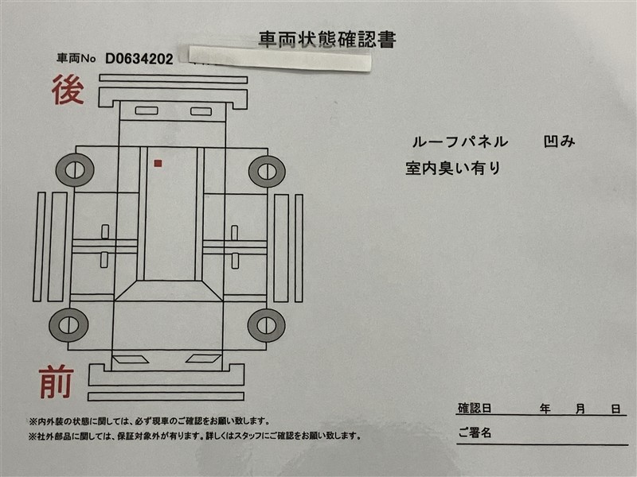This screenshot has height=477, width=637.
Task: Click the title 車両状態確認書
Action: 327,40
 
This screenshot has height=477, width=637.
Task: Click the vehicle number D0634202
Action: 139,59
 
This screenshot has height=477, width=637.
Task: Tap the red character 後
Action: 68,89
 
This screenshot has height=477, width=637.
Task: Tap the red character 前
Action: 57,382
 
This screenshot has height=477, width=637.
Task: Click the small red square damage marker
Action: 158,163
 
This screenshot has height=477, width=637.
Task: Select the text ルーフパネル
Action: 460,142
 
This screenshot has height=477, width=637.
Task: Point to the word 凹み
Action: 560,142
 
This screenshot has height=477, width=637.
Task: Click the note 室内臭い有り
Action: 452,168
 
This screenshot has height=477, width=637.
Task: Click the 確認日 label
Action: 475,408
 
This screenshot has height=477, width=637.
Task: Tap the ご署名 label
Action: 475,432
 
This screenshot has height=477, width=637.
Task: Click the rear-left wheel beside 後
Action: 75,170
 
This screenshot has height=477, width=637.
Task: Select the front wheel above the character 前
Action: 68,325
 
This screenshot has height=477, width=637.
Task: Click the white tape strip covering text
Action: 280,58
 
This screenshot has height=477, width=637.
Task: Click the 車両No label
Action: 76,58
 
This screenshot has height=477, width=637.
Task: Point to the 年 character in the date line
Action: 545,409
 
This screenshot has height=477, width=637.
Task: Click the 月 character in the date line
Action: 580,409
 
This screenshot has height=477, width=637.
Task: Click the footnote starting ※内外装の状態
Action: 149,421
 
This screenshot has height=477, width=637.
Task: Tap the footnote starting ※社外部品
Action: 194,436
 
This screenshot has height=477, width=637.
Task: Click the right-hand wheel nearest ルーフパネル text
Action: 267,171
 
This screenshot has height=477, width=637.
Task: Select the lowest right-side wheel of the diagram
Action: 267,325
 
